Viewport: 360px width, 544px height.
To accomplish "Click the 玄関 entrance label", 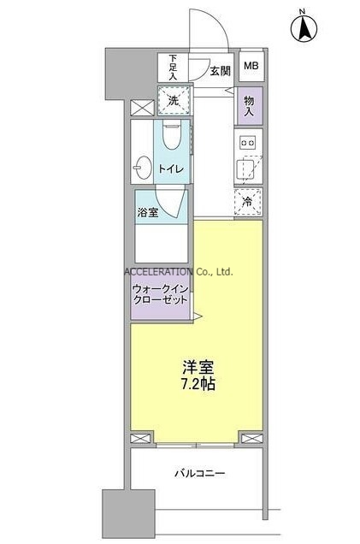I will point(220,71).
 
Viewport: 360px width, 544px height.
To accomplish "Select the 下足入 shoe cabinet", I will point(172,68).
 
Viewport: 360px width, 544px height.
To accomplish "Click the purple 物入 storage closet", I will point(250,106).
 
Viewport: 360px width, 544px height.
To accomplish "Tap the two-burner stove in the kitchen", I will point(249,142).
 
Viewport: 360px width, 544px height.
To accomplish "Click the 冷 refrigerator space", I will point(249,203).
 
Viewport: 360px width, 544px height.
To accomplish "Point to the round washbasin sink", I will point(144,164).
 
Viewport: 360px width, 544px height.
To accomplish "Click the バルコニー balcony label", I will point(200,472).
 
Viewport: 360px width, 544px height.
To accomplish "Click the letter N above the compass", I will point(302,10).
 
